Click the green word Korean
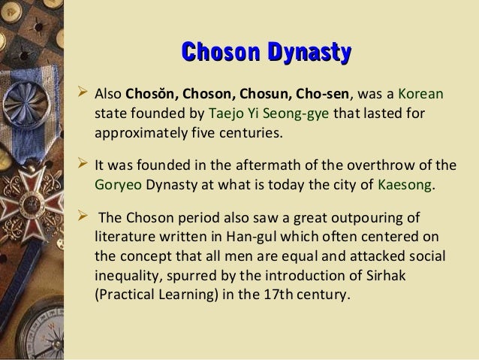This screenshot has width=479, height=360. tap(421, 97)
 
